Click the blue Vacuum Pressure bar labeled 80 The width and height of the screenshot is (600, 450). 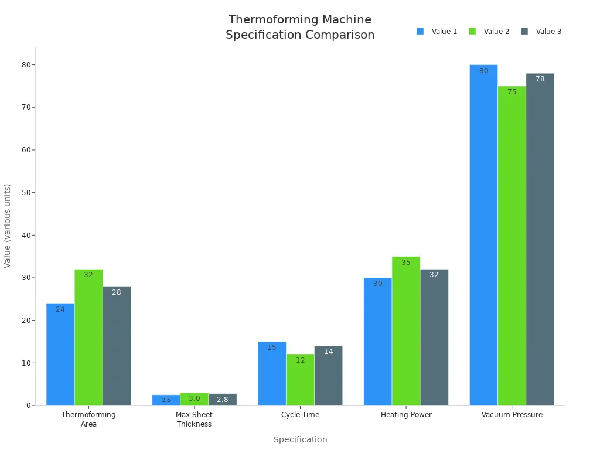483,234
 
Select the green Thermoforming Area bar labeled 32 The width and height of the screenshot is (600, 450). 88,337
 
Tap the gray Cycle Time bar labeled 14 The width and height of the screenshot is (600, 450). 328,375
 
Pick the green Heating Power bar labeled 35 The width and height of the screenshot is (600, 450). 406,331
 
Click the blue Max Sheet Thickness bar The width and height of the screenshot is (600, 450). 166,400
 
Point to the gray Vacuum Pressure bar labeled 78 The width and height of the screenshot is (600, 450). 540,240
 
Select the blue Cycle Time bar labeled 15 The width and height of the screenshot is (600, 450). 272,373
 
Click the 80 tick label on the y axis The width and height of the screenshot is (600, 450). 25,64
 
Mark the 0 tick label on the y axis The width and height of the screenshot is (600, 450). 28,405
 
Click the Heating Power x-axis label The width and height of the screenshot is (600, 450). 406,415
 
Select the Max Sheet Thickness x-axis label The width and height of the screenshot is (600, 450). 194,419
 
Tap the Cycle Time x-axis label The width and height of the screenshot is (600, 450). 300,415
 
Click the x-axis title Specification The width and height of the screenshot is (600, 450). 300,439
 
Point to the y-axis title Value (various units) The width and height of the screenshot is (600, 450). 8,226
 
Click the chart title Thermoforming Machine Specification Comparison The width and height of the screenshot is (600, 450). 300,27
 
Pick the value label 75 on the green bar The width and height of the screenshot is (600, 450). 512,92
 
